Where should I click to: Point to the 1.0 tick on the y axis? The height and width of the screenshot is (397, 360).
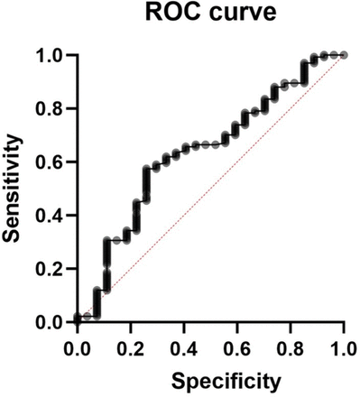coord(52,56)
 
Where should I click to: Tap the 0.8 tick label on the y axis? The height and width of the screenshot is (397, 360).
coord(52,109)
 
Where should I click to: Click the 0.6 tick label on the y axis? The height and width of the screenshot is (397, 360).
coord(52,162)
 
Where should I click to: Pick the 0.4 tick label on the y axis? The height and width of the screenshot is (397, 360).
coord(52,216)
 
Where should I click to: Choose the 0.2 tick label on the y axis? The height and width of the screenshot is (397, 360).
coord(52,269)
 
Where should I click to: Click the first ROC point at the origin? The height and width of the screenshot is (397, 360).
coord(78,319)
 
